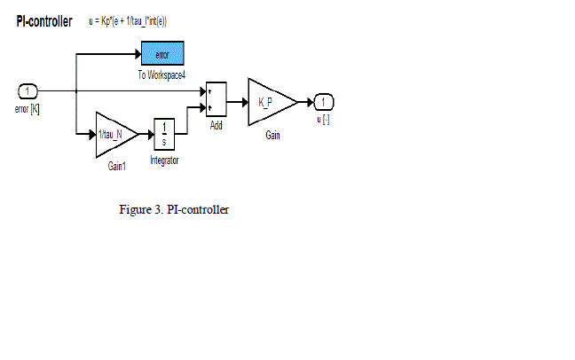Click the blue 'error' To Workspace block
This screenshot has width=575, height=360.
[161, 54]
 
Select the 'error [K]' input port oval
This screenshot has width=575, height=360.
[28, 90]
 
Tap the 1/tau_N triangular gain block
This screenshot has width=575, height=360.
[114, 135]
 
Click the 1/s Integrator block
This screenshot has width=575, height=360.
[164, 135]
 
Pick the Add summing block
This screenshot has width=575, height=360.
[216, 100]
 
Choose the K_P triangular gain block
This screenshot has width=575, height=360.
[270, 101]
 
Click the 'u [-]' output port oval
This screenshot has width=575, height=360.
[324, 101]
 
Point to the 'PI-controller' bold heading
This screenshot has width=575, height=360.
[43, 21]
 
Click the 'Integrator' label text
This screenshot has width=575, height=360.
[164, 160]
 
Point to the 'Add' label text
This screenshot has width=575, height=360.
[216, 126]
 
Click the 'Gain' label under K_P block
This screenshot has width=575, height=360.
[272, 137]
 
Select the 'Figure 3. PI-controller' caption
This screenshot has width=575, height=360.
[175, 210]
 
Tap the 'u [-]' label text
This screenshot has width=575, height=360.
[324, 119]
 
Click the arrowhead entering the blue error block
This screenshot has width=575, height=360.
[138, 54]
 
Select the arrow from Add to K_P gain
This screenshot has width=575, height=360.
[236, 101]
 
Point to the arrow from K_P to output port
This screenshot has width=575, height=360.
[306, 101]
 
